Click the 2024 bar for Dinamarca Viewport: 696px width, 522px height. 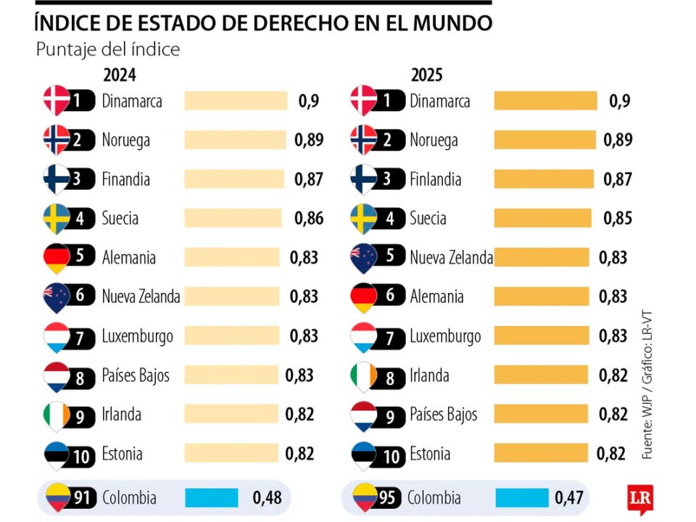pyautogui.click(x=236, y=101)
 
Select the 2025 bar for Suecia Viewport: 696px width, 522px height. pyautogui.click(x=543, y=218)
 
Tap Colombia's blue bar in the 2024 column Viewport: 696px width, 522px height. pyautogui.click(x=212, y=498)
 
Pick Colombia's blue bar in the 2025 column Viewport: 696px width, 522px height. pyautogui.click(x=522, y=498)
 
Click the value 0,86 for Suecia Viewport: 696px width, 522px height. pyautogui.click(x=309, y=218)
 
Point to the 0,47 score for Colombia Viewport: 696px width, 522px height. pyautogui.click(x=570, y=498)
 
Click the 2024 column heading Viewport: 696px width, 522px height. pyautogui.click(x=120, y=75)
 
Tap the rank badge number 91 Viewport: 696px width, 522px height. pyautogui.click(x=80, y=498)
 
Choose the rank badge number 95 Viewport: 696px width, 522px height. pyautogui.click(x=389, y=498)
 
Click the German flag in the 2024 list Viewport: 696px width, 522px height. pyautogui.click(x=57, y=258)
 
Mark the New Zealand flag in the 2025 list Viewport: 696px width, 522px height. pyautogui.click(x=363, y=258)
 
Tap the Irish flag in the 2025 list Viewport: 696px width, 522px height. pyautogui.click(x=363, y=376)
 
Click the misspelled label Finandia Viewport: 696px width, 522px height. pyautogui.click(x=125, y=179)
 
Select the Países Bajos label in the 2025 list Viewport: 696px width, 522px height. pyautogui.click(x=443, y=415)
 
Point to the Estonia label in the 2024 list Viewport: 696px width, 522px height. pyautogui.click(x=122, y=454)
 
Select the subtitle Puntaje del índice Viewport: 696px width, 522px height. pyautogui.click(x=107, y=50)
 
